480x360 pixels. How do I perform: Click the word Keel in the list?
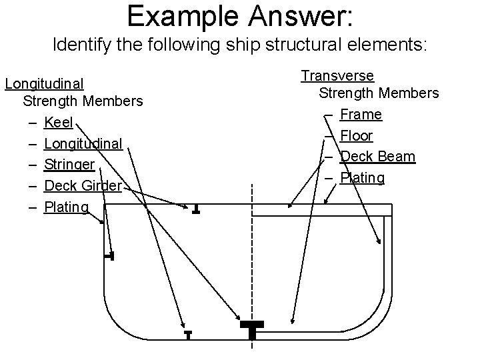coord(58,123)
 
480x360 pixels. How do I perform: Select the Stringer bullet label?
coord(69,164)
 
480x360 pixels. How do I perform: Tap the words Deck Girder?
coord(83,185)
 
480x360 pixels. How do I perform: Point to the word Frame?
coord(361,115)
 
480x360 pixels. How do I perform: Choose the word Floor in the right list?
coord(357,136)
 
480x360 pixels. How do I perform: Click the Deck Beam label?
coord(377,157)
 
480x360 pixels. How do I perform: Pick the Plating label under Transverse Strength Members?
coord(362,178)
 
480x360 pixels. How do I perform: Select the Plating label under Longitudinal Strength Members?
coord(66,207)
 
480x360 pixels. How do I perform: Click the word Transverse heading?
coord(337,76)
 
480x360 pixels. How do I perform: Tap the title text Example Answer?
coord(241,16)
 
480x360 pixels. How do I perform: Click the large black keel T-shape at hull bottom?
coord(252,329)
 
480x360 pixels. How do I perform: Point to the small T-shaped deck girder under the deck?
coord(196,209)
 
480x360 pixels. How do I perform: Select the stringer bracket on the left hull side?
coord(110,256)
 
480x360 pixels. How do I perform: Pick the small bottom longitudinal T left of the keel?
coord(189,334)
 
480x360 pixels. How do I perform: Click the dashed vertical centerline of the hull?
coord(252,267)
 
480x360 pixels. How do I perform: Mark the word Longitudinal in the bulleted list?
coord(83,143)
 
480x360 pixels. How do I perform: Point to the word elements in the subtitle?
coord(391,46)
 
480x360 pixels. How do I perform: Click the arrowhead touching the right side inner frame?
coord(381,243)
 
